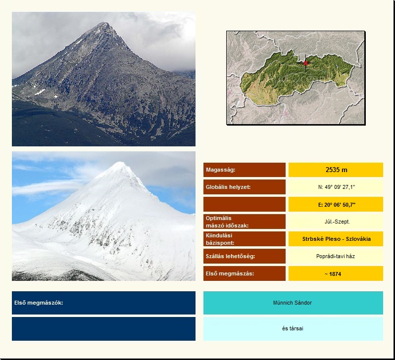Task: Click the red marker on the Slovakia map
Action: pos(305,63)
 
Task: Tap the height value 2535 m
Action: pos(336,170)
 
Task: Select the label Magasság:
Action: pos(220,170)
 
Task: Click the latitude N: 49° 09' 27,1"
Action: pos(336,187)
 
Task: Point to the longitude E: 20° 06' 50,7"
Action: pos(337,205)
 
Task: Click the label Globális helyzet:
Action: pos(228,187)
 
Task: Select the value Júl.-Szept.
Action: pos(337,222)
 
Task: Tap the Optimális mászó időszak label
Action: pos(227,222)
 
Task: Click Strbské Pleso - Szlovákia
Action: pos(337,239)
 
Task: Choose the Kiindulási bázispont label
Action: pos(220,239)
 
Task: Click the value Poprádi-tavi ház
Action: pos(336,256)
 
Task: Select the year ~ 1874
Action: pos(333,274)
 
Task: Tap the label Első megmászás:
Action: pos(230,273)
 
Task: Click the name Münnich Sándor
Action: pos(293,303)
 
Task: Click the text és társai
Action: pos(293,328)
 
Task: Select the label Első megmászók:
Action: pos(39,303)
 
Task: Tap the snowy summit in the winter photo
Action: pos(120,164)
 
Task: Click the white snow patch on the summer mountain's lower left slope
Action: pos(40,92)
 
